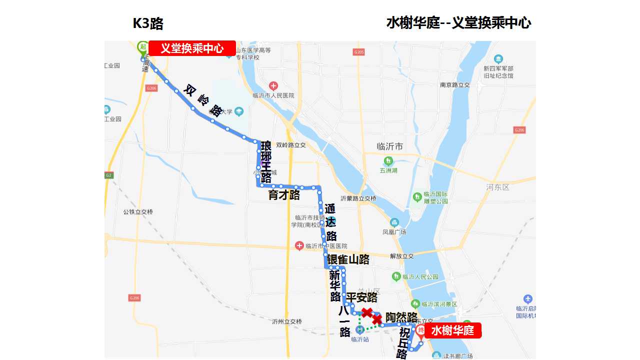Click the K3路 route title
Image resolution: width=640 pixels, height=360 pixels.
[148, 23]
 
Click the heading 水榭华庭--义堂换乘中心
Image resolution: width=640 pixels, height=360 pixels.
[458, 23]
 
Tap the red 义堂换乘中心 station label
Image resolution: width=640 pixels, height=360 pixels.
[192, 48]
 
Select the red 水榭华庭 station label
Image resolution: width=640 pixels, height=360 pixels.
[452, 330]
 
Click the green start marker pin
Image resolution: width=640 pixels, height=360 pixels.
[142, 47]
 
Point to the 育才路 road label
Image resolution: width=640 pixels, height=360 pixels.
[284, 195]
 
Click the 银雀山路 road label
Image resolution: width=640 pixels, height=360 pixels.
[348, 259]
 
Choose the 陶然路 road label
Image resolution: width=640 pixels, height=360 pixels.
[401, 317]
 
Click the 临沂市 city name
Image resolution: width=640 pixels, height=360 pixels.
[389, 146]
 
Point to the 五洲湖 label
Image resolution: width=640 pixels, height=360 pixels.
[388, 170]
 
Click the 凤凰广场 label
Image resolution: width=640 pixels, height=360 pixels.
[394, 232]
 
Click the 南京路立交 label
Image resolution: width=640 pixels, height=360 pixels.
[455, 85]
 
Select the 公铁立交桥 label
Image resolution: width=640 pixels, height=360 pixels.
[138, 212]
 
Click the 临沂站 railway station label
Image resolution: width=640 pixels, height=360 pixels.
[360, 339]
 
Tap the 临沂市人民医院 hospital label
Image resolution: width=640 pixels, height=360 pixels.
[273, 95]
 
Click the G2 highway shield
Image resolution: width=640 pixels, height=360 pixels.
[109, 175]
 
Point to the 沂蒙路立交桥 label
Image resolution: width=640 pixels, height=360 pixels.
[358, 198]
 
